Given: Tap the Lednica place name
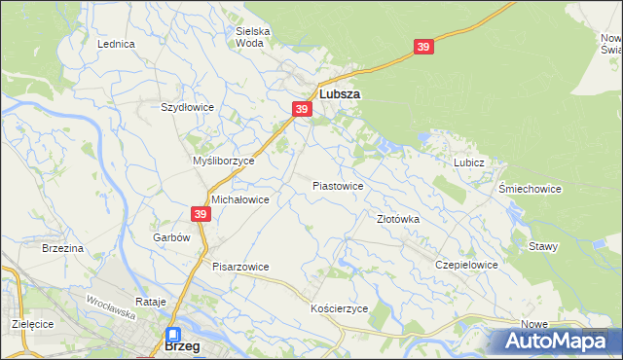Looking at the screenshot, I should [115, 45].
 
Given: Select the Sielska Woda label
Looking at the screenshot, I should [253, 37].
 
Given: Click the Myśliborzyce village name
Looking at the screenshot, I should [223, 161].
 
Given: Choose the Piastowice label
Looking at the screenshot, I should [338, 186].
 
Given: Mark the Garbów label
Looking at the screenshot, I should [169, 237].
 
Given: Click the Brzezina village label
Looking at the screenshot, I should [63, 249].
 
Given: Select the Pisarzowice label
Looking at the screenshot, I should [240, 267].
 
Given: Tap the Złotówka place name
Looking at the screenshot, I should [398, 220].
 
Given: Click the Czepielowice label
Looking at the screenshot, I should [467, 265].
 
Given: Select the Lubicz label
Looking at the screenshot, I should [468, 163].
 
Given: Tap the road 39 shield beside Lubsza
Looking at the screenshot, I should [302, 110].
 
